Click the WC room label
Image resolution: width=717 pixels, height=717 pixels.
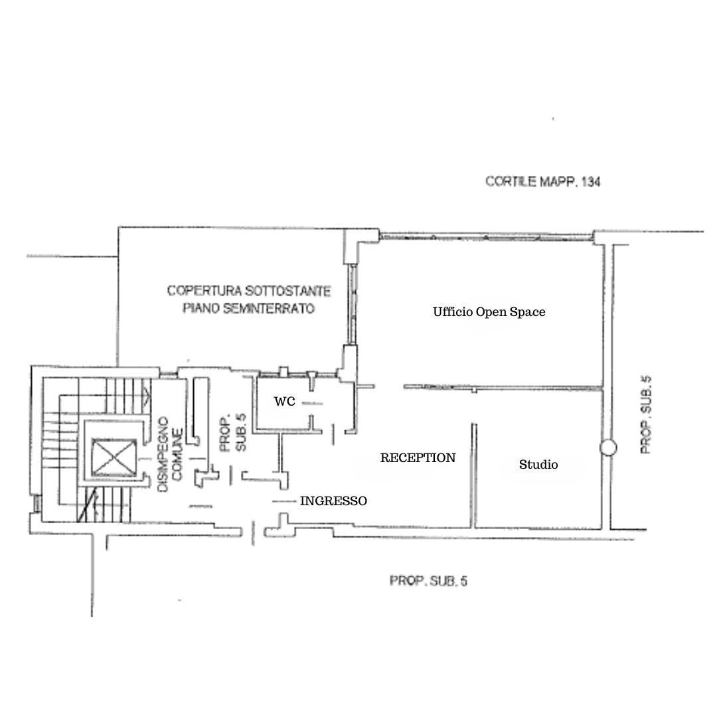click(284, 402)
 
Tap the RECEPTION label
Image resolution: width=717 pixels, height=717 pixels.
click(418, 457)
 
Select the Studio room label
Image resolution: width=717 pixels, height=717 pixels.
click(538, 465)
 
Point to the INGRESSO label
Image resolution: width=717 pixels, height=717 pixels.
click(333, 501)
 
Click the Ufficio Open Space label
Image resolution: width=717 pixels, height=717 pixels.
click(489, 312)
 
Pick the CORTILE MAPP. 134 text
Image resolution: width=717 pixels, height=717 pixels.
click(543, 181)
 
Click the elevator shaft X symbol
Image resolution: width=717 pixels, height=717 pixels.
click(114, 457)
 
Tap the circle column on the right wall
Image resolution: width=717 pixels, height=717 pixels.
click(608, 447)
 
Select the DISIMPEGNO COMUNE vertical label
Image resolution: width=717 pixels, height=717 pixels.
click(170, 454)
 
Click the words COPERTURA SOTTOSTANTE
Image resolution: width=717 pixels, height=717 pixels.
click(249, 291)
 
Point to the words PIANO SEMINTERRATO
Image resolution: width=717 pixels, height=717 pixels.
click(249, 308)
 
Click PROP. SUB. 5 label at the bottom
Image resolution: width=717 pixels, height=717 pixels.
click(428, 581)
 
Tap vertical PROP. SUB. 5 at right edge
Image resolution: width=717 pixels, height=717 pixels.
click(646, 415)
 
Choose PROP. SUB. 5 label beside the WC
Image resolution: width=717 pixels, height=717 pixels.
click(233, 433)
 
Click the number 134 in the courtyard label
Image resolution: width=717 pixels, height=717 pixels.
click(592, 182)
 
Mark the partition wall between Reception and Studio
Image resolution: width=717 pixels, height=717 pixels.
click(474, 475)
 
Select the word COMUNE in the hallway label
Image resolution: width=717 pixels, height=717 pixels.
click(177, 454)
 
